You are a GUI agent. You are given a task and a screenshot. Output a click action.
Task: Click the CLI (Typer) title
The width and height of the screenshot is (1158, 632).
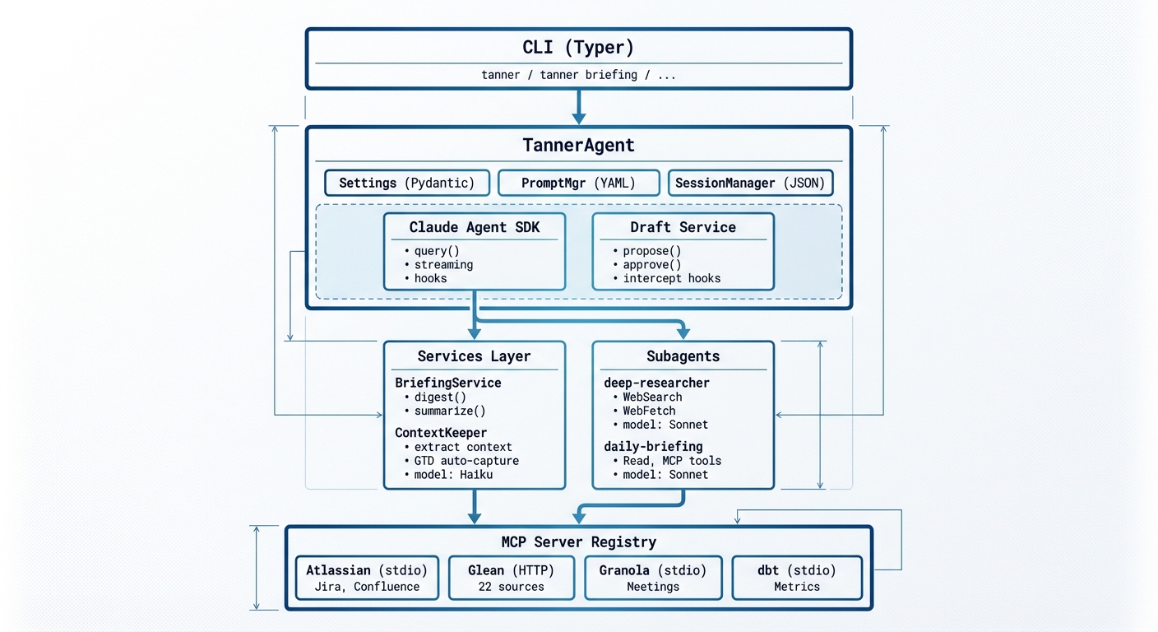[578, 47]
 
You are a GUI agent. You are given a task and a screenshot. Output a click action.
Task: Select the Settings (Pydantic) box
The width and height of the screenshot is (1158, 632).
[407, 183]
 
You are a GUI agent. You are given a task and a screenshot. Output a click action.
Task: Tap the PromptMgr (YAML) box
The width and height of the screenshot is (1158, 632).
[578, 183]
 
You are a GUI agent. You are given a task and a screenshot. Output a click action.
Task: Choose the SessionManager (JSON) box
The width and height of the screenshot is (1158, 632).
[749, 183]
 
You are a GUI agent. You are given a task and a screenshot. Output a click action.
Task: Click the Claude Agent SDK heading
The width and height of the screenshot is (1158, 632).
[475, 227]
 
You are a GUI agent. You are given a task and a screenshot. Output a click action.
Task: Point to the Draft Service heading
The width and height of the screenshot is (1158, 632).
[683, 227]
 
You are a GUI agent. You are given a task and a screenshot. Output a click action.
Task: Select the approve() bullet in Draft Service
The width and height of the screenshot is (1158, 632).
[652, 265]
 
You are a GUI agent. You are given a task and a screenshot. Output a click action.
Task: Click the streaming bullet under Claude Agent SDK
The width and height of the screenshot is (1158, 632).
[443, 265]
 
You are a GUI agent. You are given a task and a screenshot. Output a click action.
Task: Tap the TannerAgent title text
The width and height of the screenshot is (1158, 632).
[578, 146]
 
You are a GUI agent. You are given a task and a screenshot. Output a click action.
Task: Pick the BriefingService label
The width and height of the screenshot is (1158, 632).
[448, 383]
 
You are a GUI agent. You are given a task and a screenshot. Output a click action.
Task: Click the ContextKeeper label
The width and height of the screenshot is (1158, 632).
[441, 433]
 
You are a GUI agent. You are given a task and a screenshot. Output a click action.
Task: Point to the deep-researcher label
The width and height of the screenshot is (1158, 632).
[656, 383]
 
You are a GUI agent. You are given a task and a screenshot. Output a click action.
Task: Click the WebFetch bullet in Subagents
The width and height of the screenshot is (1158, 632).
[649, 411]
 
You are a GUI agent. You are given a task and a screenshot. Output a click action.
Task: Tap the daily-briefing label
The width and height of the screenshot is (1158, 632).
[653, 447]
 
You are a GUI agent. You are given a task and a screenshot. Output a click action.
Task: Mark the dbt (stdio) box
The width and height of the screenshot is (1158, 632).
[796, 578]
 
